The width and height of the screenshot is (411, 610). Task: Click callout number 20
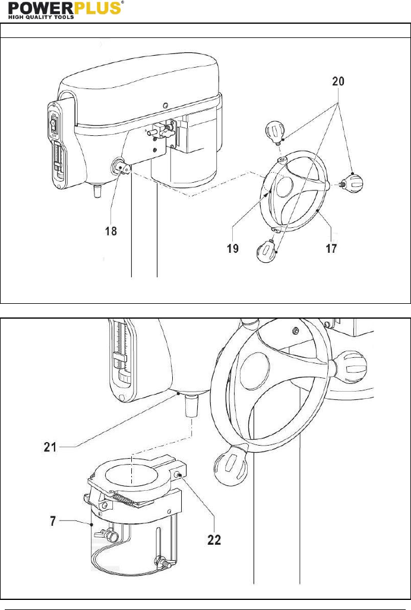pos(338,81)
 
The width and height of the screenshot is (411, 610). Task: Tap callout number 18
pos(111,231)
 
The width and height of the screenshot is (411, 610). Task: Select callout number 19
pos(233,248)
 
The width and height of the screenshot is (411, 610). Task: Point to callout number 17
pos(331,248)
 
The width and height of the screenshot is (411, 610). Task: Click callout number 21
pos(50,447)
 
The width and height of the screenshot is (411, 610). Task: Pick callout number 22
pos(214,539)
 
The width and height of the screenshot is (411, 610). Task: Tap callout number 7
pos(53,521)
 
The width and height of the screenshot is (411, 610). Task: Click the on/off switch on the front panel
pos(54,123)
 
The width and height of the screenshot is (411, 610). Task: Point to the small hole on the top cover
pos(166,104)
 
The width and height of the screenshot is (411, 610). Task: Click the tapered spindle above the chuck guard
pos(192,406)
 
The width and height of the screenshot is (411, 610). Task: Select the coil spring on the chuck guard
pos(124,500)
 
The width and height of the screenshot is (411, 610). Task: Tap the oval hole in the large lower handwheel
pos(255,371)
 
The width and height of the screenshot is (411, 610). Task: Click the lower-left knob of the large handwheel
pos(231,465)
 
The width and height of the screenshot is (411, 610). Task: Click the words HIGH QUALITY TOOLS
pos(41,17)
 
